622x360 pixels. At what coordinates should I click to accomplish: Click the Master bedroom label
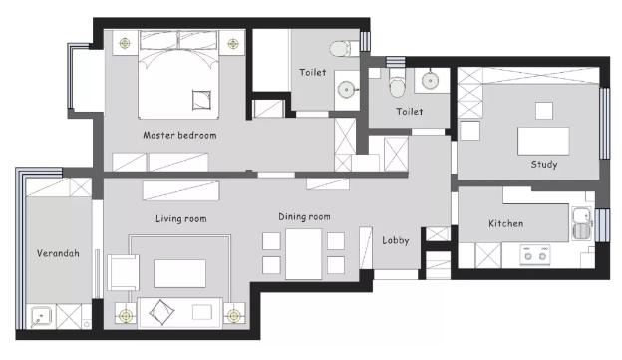[179, 135]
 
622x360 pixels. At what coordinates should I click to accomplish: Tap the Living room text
[180, 218]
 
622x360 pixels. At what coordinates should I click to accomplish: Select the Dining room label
[304, 216]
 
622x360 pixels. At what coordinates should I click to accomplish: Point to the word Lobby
[396, 240]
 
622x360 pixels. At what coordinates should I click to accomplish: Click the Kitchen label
[505, 223]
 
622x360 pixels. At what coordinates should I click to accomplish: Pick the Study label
[544, 164]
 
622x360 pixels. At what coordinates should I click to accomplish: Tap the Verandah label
[58, 253]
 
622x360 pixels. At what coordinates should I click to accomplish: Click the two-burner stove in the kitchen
[535, 255]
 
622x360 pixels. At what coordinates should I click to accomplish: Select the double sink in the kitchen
[582, 223]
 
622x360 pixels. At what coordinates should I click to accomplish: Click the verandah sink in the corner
[41, 316]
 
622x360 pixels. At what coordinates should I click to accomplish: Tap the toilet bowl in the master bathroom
[340, 49]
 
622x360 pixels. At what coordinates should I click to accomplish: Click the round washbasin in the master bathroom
[346, 90]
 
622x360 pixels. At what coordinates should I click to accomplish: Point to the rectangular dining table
[303, 254]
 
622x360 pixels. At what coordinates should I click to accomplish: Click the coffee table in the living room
[179, 273]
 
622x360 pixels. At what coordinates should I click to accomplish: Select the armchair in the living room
[123, 272]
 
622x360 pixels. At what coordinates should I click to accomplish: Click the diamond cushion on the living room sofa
[161, 312]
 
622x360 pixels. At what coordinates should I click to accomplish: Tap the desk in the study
[543, 141]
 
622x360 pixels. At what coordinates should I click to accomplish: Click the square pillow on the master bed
[201, 100]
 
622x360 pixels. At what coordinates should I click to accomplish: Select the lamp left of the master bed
[125, 43]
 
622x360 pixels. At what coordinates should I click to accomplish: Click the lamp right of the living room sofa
[233, 316]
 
